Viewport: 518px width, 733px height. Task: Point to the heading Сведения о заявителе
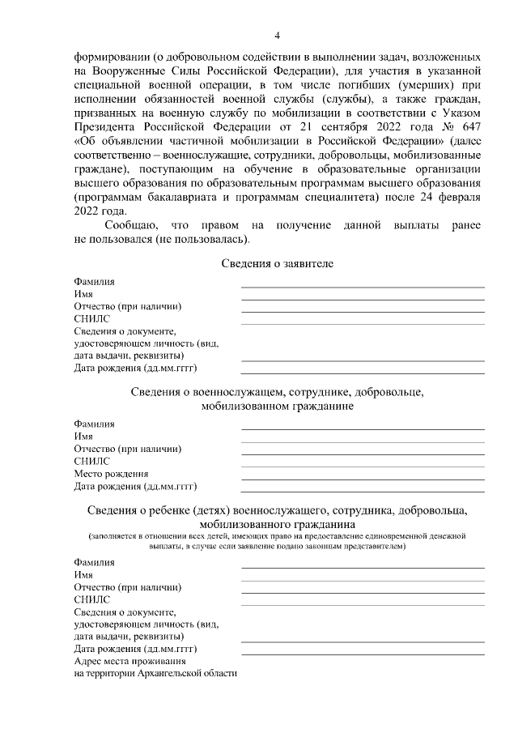[277, 264]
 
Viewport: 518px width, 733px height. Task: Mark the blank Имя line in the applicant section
[363, 300]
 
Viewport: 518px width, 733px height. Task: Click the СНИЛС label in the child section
[91, 600]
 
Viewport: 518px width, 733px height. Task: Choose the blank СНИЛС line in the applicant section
[363, 324]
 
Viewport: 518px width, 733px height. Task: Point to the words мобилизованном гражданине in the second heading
[277, 407]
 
